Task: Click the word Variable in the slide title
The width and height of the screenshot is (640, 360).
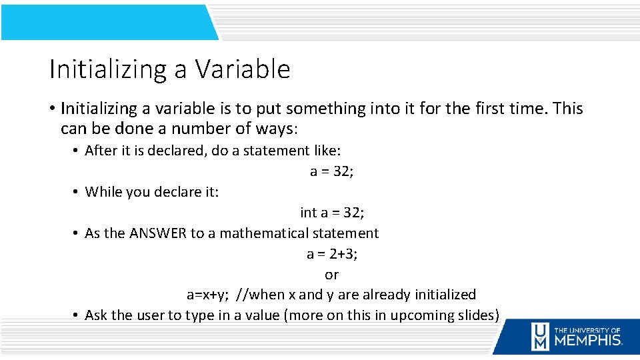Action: (243, 69)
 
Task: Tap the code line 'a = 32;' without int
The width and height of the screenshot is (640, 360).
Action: (331, 171)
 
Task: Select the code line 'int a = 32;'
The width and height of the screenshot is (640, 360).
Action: (331, 213)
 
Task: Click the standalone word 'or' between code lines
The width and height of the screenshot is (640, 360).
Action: (331, 275)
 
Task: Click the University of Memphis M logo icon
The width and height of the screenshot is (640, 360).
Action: (540, 337)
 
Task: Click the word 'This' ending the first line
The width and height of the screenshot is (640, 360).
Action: (567, 108)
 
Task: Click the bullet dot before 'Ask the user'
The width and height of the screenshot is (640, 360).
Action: (77, 315)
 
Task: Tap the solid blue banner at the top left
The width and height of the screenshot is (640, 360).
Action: (107, 21)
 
